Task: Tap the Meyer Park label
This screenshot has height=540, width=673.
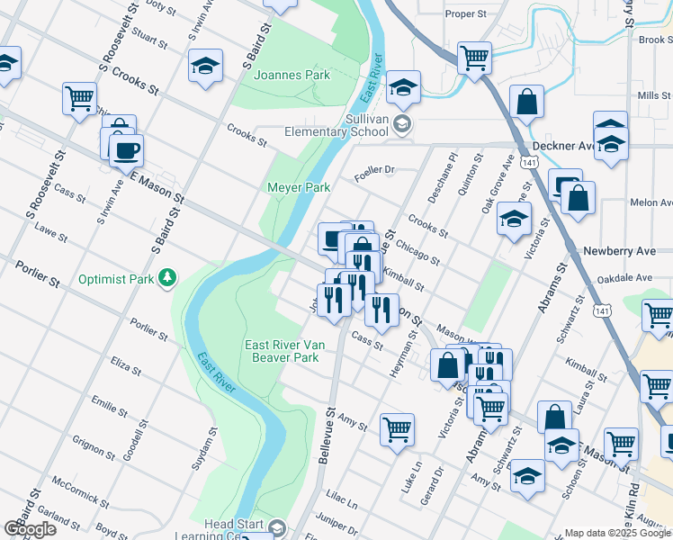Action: coord(298,187)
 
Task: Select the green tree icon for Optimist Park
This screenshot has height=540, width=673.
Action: coord(166,279)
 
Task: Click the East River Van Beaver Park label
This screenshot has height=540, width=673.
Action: coord(282,351)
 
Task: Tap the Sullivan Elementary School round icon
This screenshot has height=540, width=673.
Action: coord(402,125)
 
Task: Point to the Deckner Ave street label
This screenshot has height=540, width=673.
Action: coord(563,146)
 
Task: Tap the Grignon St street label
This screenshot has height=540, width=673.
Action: coord(94,444)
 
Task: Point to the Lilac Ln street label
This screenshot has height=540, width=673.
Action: coord(342,496)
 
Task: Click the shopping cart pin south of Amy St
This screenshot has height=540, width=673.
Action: coord(397,428)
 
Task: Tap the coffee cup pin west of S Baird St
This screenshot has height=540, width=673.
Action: coord(126,148)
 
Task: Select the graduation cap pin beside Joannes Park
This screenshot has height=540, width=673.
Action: coord(205,66)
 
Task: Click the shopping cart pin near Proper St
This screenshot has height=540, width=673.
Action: coord(474,58)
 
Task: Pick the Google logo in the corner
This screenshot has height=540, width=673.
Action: coord(30,529)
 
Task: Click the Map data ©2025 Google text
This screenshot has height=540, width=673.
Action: coord(617,533)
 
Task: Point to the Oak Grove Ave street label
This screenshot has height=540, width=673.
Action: coord(497,183)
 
